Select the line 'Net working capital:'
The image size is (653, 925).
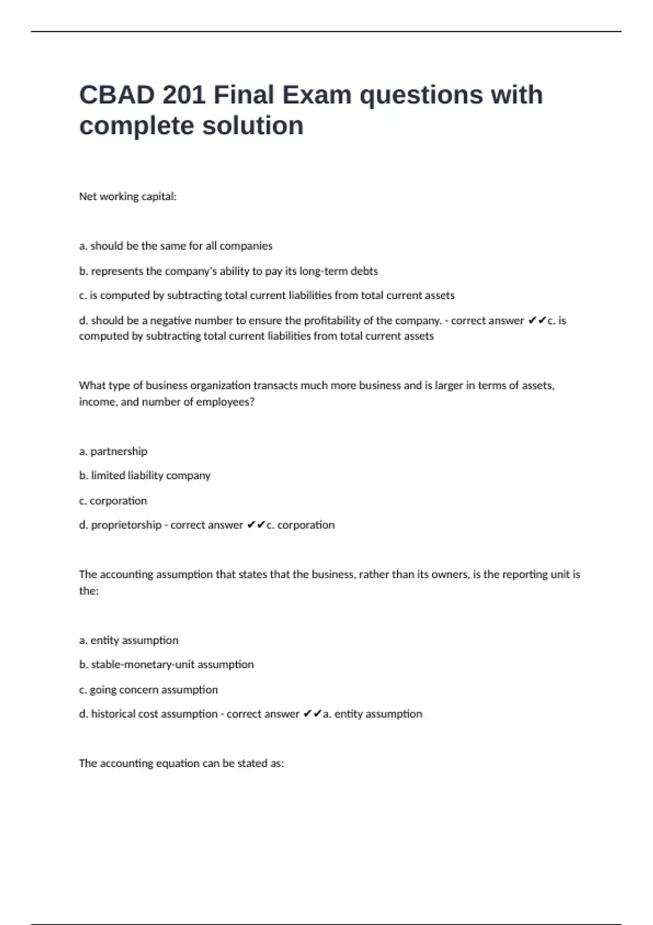click(128, 196)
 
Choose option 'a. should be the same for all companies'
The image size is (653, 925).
click(176, 246)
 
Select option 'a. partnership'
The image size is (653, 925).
click(113, 451)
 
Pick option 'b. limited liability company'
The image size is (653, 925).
click(145, 476)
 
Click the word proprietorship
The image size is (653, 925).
click(126, 525)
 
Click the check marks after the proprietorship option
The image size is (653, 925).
click(256, 525)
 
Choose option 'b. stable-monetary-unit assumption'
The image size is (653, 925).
click(167, 664)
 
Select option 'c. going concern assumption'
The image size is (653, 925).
click(148, 689)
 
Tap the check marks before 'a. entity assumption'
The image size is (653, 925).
click(312, 714)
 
